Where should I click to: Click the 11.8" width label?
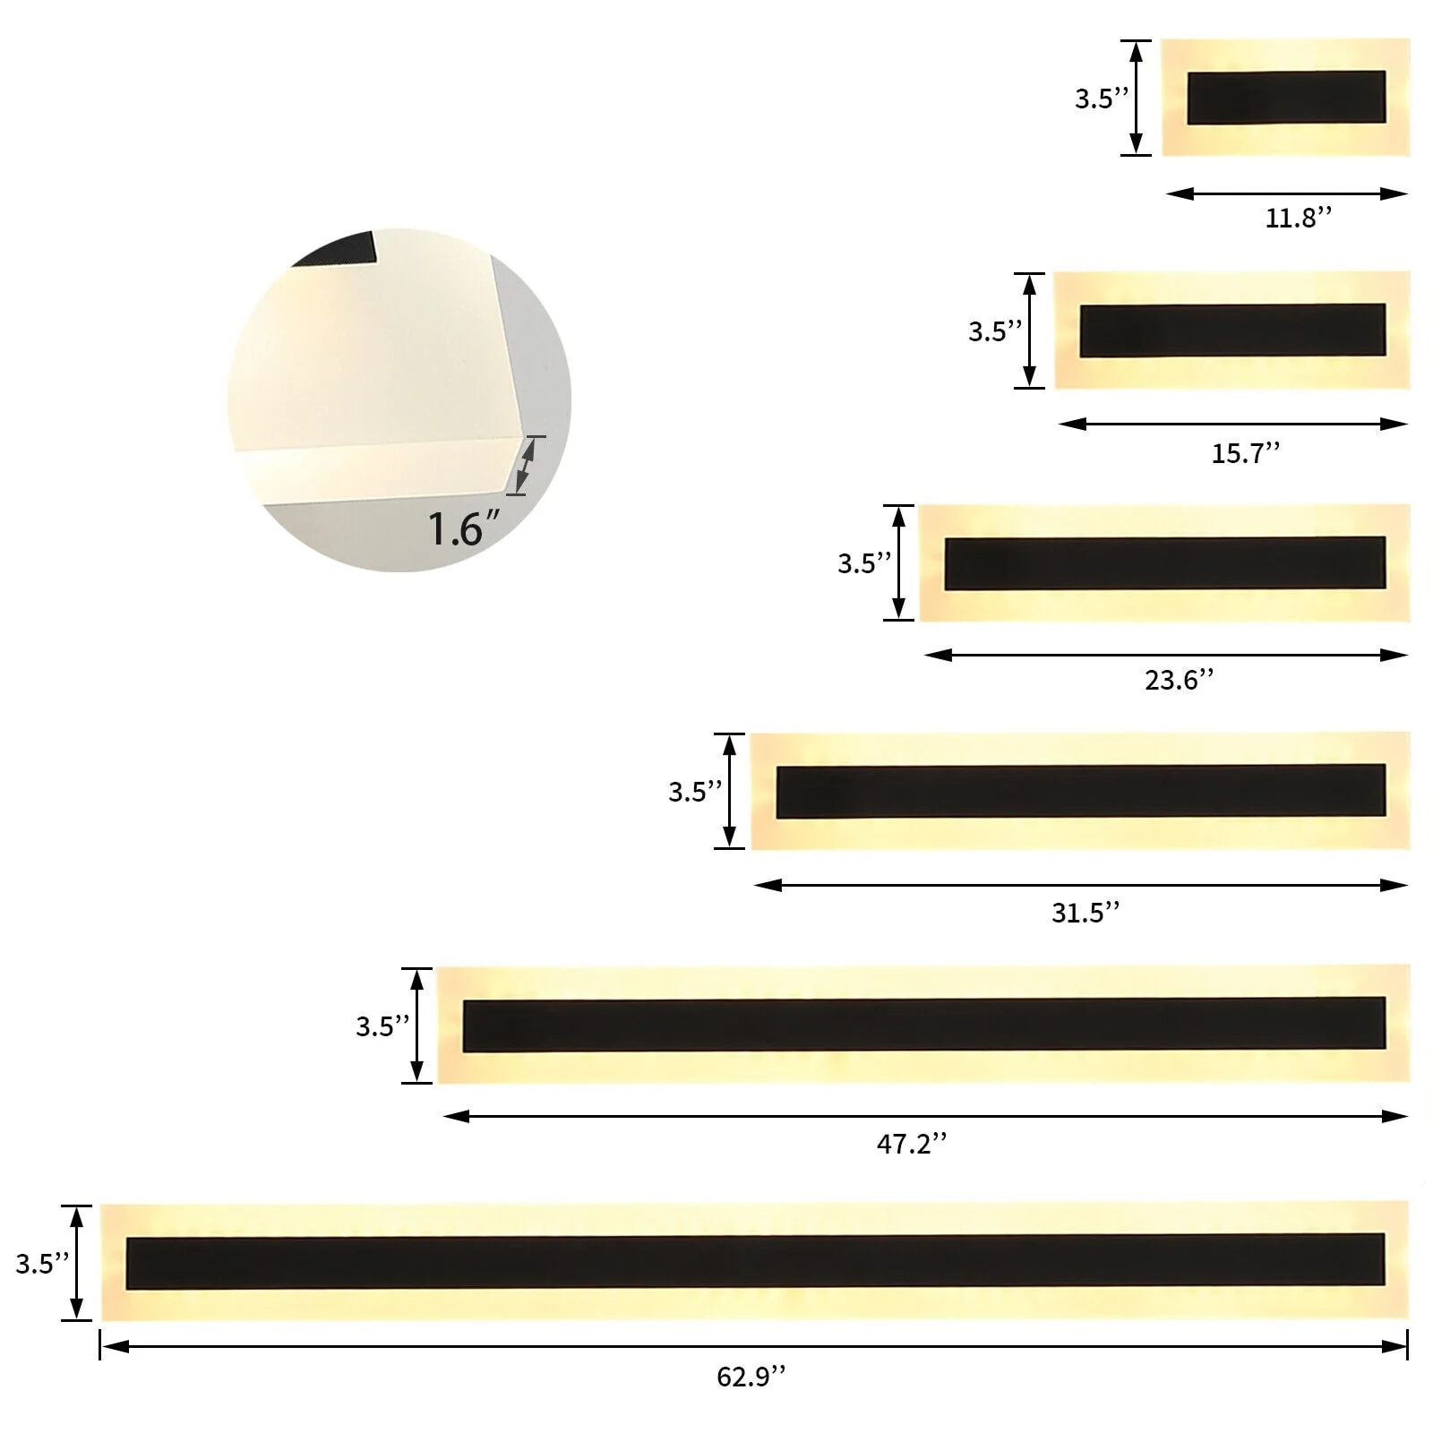[x=1299, y=218]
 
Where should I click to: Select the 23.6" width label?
[x=1180, y=680]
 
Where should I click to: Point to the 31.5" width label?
[x=1085, y=913]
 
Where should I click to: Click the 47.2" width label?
[x=912, y=1144]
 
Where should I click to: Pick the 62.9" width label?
[x=751, y=1376]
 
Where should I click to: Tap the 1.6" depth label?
[x=464, y=528]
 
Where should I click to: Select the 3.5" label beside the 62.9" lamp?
[x=42, y=1263]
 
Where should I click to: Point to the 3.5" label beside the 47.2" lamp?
[x=382, y=1026]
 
